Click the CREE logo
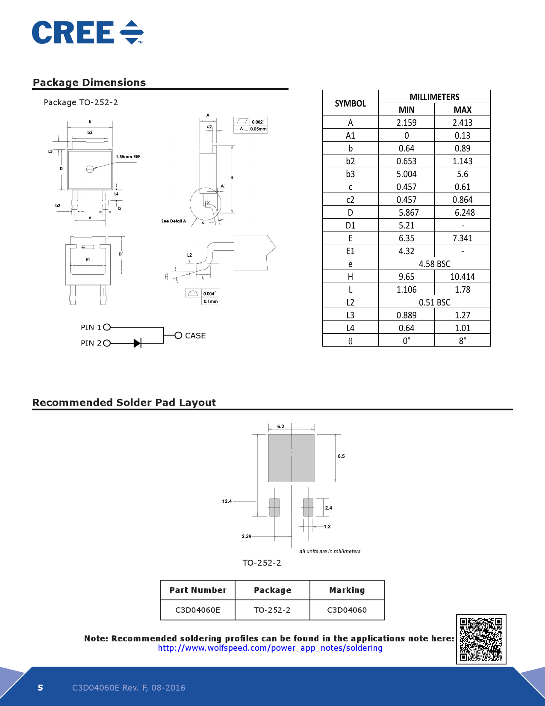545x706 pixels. pos(88,33)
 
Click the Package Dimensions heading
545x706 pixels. pos(89,83)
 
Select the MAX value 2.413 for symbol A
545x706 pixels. pos(462,123)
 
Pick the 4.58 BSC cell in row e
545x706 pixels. pos(434,264)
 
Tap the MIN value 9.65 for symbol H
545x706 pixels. pos(406,277)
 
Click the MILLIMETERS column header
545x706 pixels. pos(434,97)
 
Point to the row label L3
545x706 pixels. pos(350,315)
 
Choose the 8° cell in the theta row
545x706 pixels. pos(462,341)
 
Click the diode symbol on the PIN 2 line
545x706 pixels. pos(137,343)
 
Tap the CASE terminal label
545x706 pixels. pos(195,336)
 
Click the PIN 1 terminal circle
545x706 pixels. pos(107,327)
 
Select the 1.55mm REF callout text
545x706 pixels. pos(128,157)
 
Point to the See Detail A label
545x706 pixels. pos(174,221)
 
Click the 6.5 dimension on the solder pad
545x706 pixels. pos(341,457)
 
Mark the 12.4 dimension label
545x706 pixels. pos(227,501)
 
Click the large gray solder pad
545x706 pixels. pos(291,458)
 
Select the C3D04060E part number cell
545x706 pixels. pos(197,610)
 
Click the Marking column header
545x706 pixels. pos(347,590)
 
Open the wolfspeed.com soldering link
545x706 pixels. pos(270,648)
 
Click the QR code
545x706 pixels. pos(481,639)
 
